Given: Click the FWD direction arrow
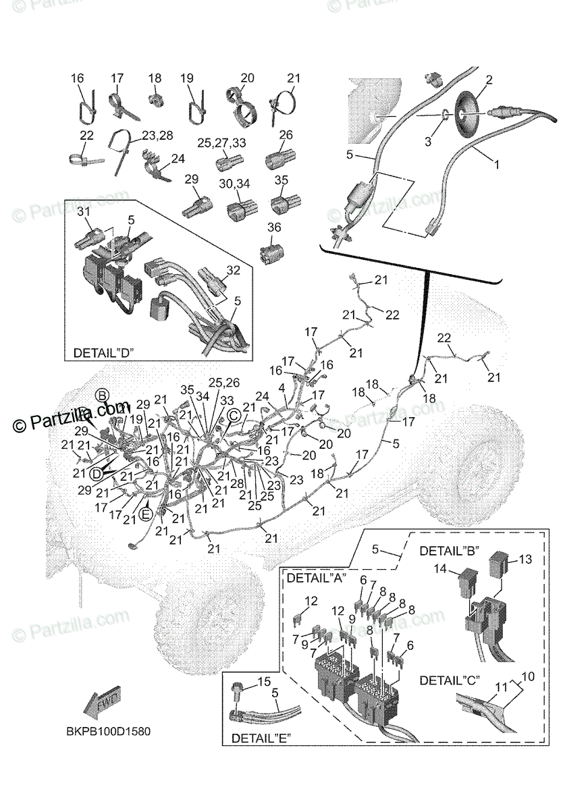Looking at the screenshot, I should click(x=101, y=703).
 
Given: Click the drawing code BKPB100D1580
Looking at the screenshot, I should click(x=108, y=732).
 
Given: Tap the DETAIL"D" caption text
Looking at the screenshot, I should click(x=103, y=353).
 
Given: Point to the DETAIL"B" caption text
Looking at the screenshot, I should click(x=450, y=551).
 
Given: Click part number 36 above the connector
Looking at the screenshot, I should click(x=274, y=227).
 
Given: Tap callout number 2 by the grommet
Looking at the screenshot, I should click(x=489, y=80).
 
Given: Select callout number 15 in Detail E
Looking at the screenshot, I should click(x=265, y=682).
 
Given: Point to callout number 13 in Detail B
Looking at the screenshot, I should click(x=526, y=559).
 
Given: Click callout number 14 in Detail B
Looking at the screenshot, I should click(x=440, y=570).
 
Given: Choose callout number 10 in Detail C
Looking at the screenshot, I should click(x=527, y=676).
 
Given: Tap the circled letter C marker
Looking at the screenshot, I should click(x=233, y=416).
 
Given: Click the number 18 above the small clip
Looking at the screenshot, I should click(x=155, y=78).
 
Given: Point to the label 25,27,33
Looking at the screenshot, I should click(x=221, y=143).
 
